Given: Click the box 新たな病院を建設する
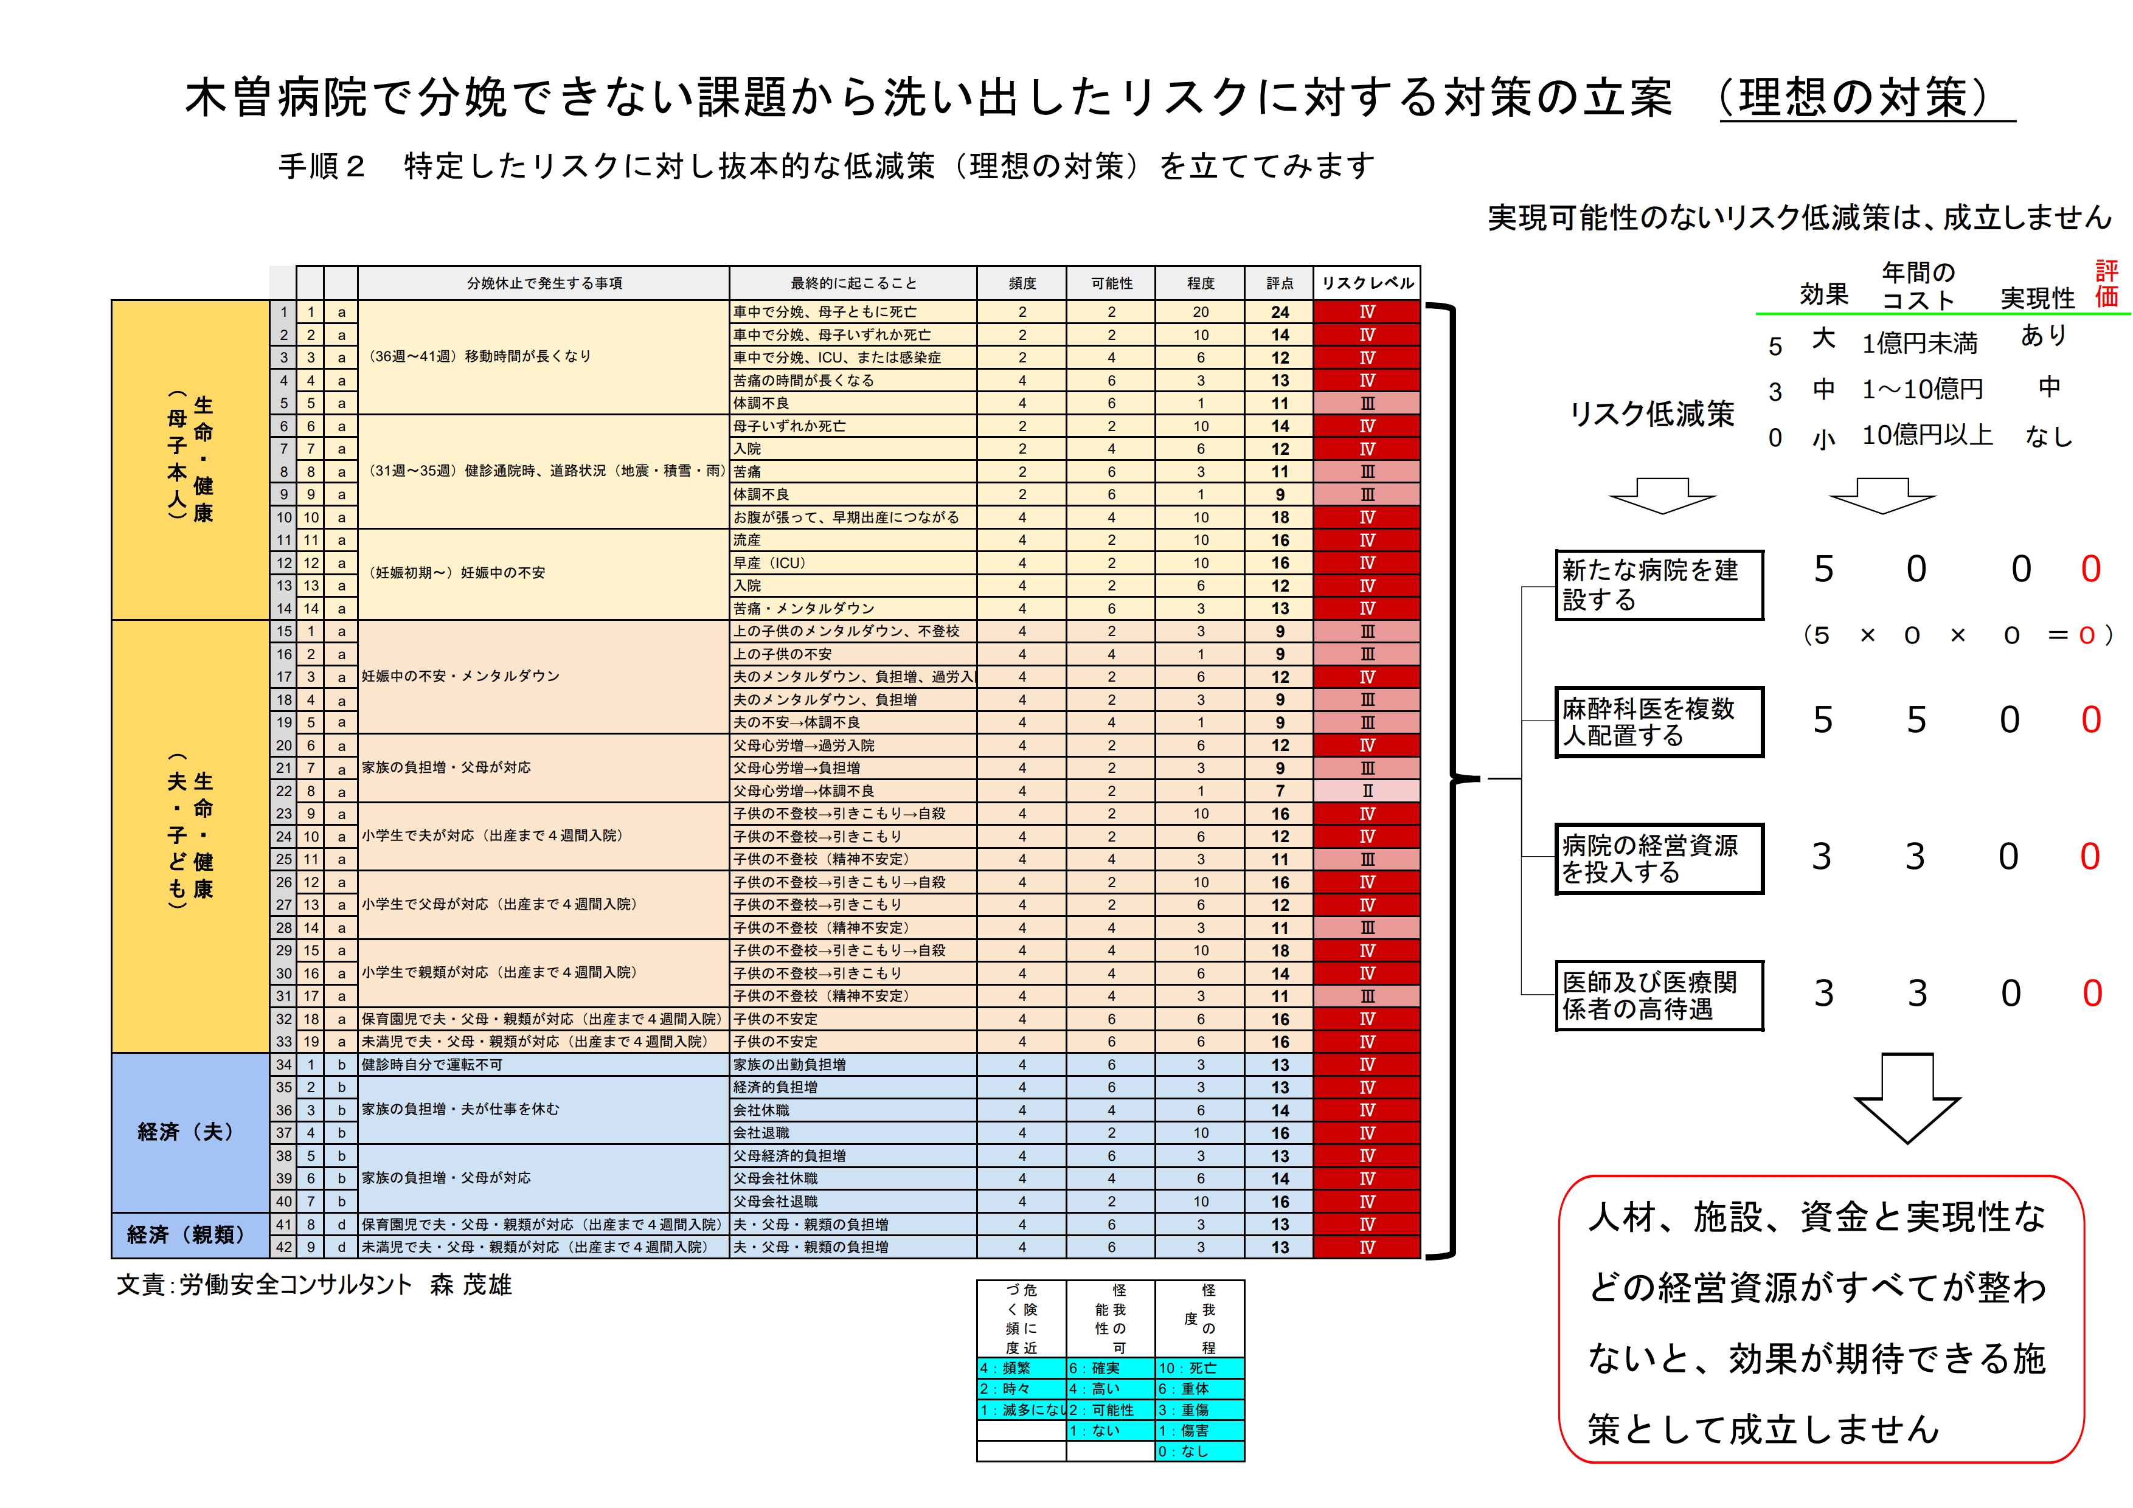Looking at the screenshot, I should click(x=1658, y=585).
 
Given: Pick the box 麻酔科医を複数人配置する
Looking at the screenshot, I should click(x=1658, y=722).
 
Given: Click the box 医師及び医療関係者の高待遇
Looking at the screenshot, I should click(x=1658, y=995).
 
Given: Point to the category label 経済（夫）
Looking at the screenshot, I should click(x=186, y=1132).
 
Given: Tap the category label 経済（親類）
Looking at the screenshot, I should click(x=186, y=1235).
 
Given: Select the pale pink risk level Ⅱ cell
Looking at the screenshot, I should click(x=1367, y=791).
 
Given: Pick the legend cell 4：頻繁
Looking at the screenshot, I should click(x=1020, y=1368).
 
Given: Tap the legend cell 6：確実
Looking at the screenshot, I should click(x=1109, y=1368).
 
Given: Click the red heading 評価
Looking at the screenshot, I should click(x=2106, y=283).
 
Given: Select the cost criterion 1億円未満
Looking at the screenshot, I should click(x=1920, y=344).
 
